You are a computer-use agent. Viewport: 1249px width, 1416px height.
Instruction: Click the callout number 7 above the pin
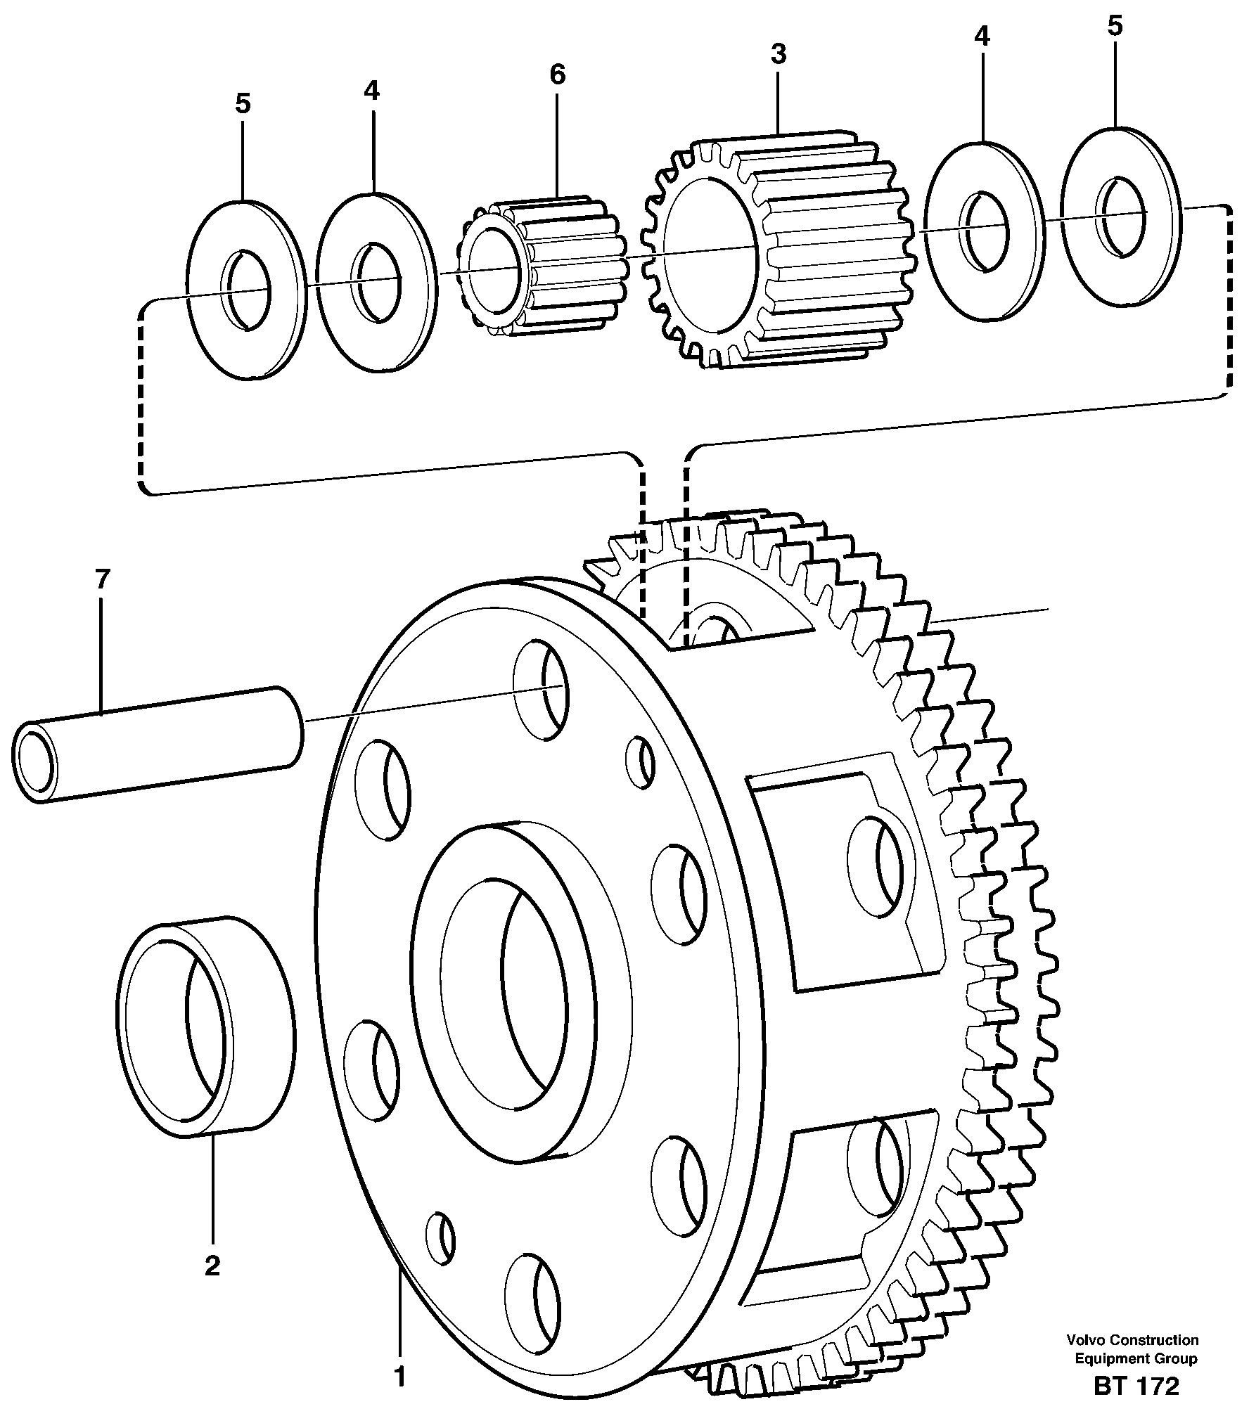pyautogui.click(x=102, y=580)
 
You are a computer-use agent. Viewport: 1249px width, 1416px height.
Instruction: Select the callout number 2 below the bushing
pyautogui.click(x=212, y=1266)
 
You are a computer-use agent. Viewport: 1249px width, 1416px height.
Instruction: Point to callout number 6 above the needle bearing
pyautogui.click(x=557, y=74)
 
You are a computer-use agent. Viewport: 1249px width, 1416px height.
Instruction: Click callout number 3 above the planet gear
pyautogui.click(x=778, y=53)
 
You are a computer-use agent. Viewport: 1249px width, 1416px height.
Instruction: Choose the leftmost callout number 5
pyautogui.click(x=242, y=104)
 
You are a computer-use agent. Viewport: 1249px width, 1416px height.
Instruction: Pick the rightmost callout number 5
pyautogui.click(x=1115, y=27)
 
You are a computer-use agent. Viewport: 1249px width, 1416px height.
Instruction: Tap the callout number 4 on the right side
pyautogui.click(x=982, y=37)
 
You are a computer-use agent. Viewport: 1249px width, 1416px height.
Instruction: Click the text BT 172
pyautogui.click(x=1136, y=1386)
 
